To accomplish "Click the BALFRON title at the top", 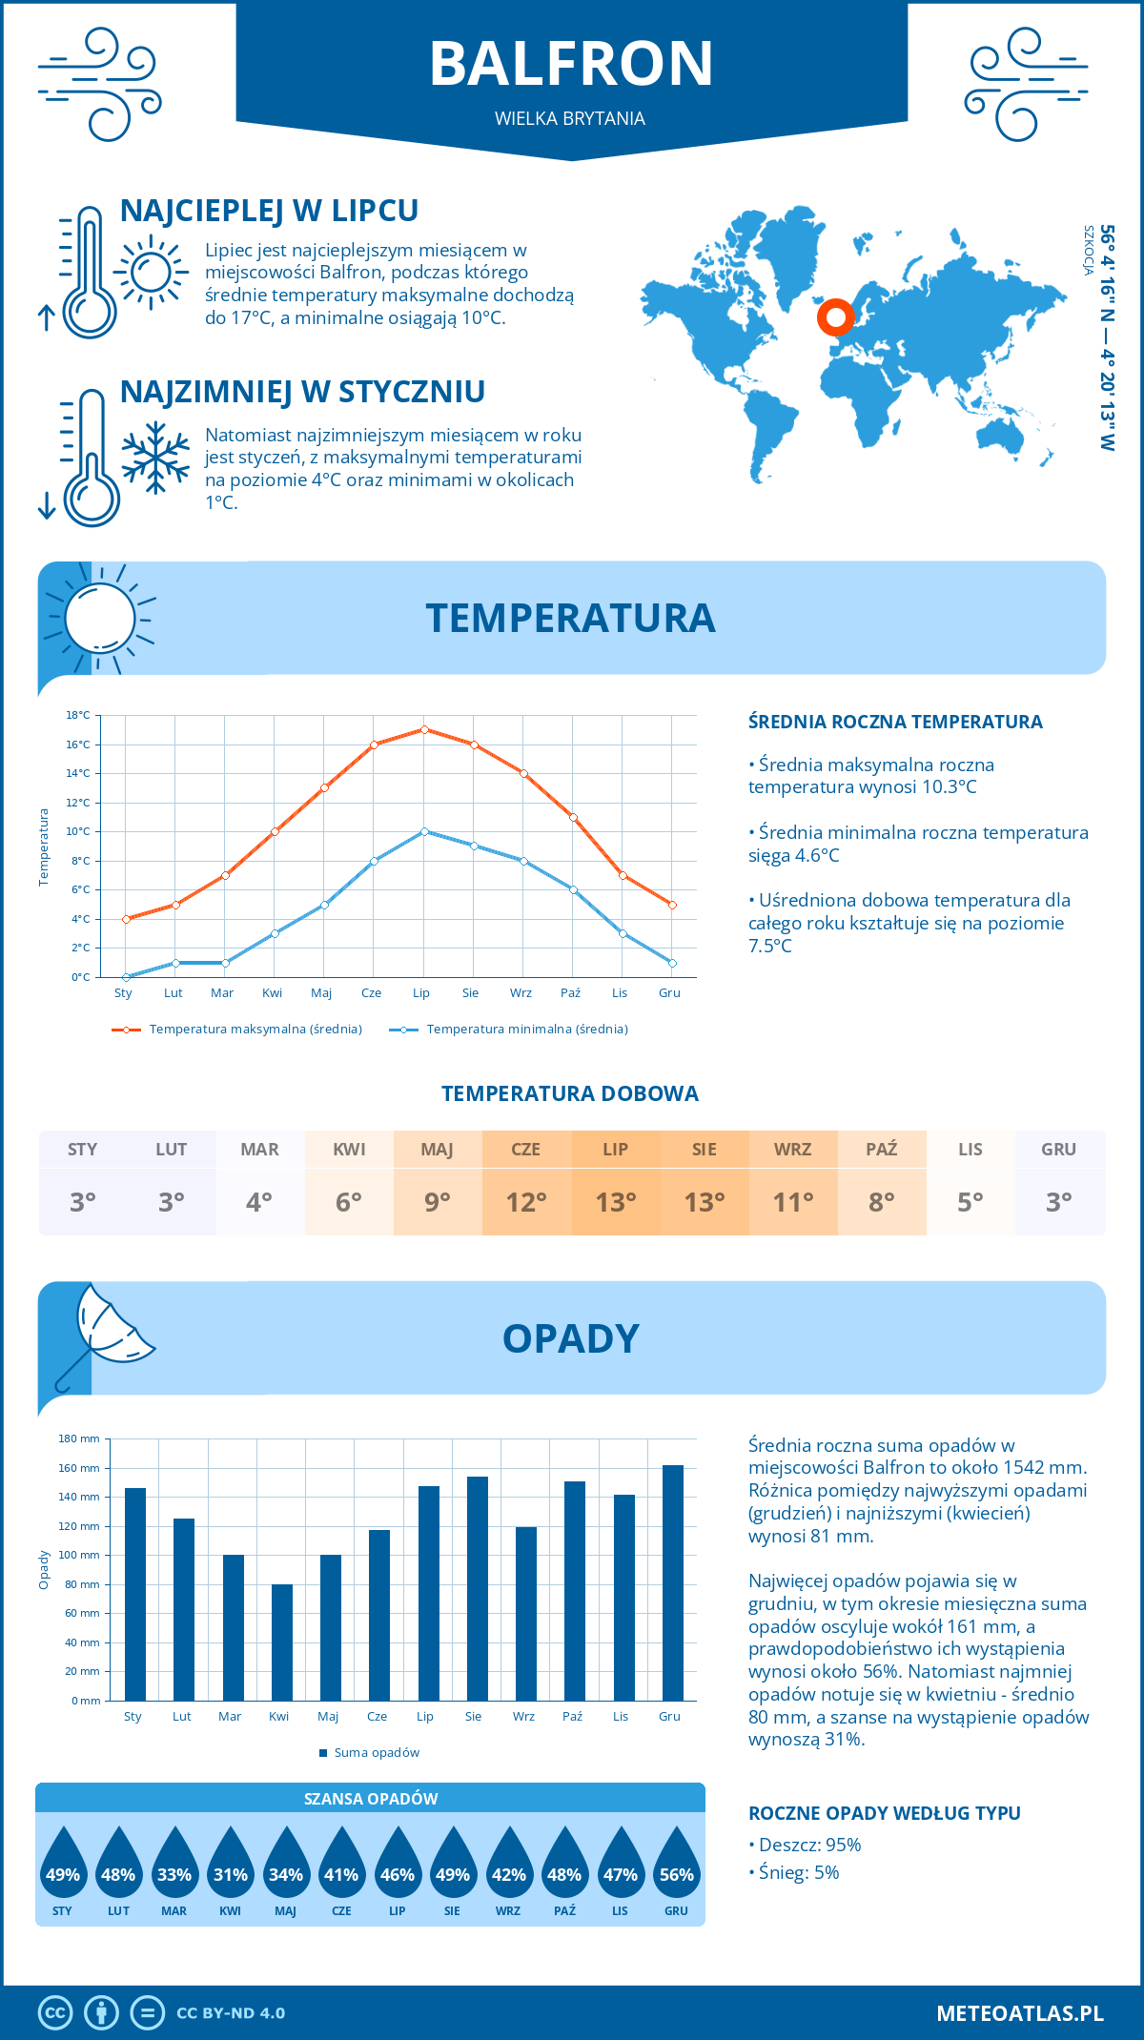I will (x=571, y=64).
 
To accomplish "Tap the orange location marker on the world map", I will (x=835, y=317).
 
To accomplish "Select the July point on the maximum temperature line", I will (x=424, y=729).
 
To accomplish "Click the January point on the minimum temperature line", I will (x=126, y=977).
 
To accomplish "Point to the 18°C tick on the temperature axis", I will (x=78, y=715).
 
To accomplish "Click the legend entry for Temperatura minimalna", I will (x=526, y=1030).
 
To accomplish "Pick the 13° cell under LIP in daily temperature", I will (x=615, y=1202).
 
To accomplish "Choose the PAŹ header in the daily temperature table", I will (x=881, y=1149).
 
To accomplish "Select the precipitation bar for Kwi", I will (x=281, y=1642).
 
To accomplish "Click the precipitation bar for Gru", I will (x=672, y=1582).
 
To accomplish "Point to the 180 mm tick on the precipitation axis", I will (x=80, y=1438).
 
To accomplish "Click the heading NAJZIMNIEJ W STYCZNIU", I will (x=302, y=392).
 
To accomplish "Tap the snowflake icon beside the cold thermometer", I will (x=155, y=458).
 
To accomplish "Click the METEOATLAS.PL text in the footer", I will (x=1019, y=2012).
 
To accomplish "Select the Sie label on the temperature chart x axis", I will (x=470, y=992).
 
